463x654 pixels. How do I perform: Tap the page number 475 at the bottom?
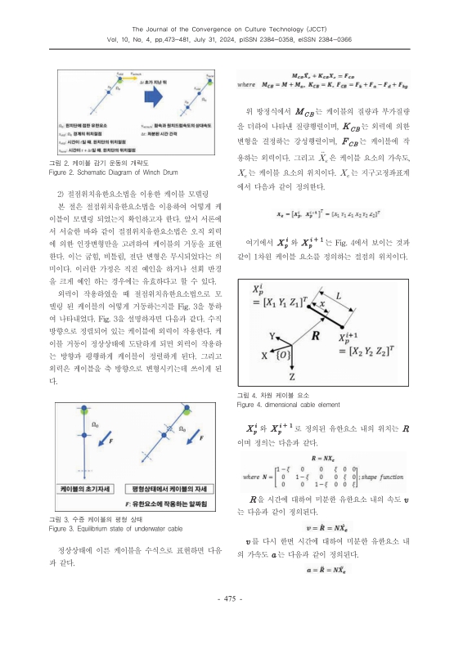[231, 623]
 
